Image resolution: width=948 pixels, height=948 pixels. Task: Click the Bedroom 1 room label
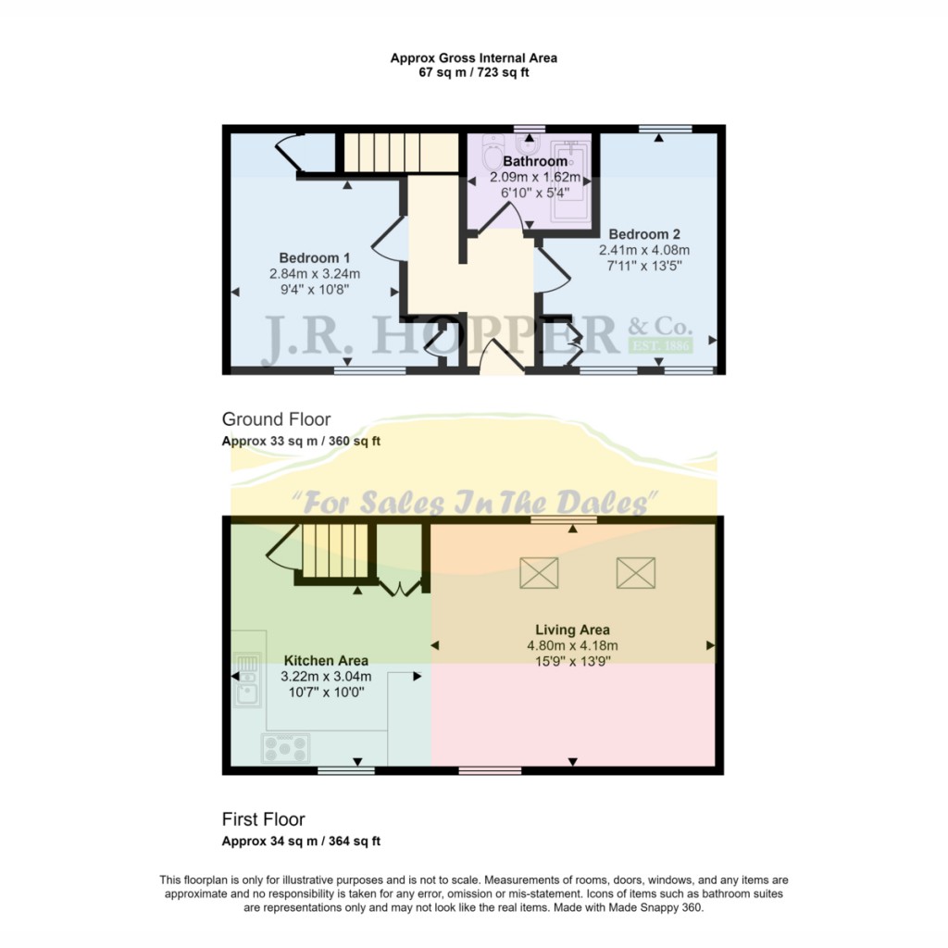click(x=315, y=257)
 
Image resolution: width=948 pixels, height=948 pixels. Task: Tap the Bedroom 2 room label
click(x=631, y=234)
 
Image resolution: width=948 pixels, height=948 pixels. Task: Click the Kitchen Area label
click(x=326, y=660)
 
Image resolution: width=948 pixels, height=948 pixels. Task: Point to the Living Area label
click(x=572, y=630)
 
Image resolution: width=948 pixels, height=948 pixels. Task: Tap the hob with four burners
click(x=286, y=746)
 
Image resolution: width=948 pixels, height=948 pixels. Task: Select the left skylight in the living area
click(x=539, y=573)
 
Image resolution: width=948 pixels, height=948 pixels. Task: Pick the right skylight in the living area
click(x=635, y=573)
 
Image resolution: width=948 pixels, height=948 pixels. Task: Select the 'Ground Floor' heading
click(x=276, y=419)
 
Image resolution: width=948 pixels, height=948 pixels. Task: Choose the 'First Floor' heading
click(x=263, y=819)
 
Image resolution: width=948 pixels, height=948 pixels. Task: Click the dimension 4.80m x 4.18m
click(x=572, y=645)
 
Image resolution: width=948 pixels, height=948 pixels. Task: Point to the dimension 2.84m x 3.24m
click(x=315, y=273)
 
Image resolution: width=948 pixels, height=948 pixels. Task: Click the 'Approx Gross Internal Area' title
click(x=474, y=57)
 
